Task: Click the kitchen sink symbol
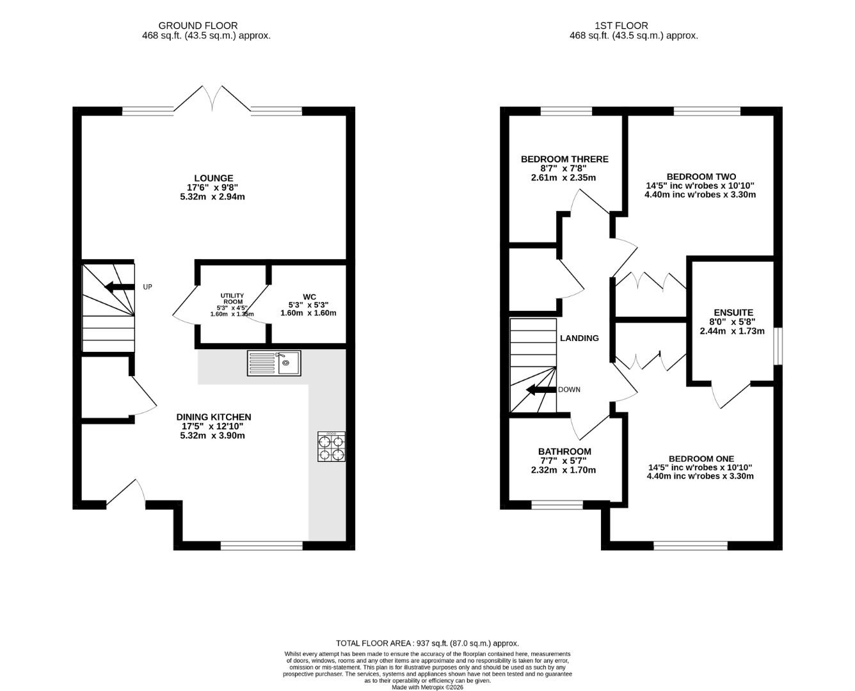[x=274, y=363]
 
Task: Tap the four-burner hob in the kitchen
[x=331, y=446]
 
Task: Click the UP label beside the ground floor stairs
[x=147, y=287]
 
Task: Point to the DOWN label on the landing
[x=569, y=390]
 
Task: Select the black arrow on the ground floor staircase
[x=119, y=287]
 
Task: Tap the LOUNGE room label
[x=214, y=178]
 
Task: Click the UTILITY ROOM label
[x=232, y=299]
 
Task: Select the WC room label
[x=309, y=297]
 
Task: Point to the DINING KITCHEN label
[x=214, y=417]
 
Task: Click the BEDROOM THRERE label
[x=564, y=159]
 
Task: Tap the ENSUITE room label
[x=733, y=313]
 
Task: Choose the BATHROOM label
[x=564, y=452]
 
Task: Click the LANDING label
[x=579, y=338]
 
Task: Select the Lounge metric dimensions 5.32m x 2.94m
[x=212, y=197]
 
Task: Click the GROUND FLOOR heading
[x=198, y=26]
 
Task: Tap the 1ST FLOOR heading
[x=621, y=26]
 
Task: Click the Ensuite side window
[x=778, y=346]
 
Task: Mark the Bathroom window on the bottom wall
[x=557, y=505]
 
